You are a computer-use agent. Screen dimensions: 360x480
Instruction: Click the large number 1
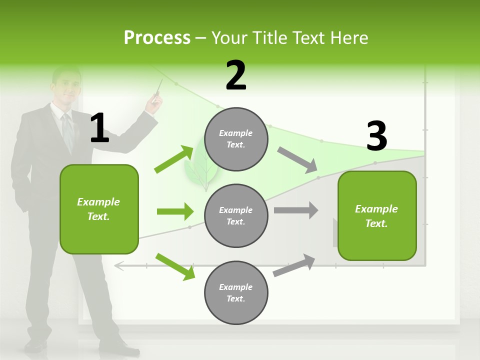coord(99,128)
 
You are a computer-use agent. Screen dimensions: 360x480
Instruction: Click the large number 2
coord(236,75)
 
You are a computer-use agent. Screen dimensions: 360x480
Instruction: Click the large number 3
coord(376,136)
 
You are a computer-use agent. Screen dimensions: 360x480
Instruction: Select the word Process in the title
coord(157,38)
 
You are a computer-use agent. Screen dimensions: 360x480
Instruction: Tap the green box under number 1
coord(99,209)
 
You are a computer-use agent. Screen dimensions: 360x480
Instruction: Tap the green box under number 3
coord(377,216)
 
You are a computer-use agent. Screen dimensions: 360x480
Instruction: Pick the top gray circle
coord(236,139)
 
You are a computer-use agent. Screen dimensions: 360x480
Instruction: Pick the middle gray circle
coord(236,215)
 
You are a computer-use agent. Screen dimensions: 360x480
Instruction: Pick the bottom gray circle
coord(236,292)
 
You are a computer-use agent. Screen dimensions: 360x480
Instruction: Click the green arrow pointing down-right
coord(175,266)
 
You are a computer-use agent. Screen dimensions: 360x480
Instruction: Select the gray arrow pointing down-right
coord(297,159)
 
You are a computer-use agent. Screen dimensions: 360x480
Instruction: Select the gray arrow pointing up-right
coord(294,265)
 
